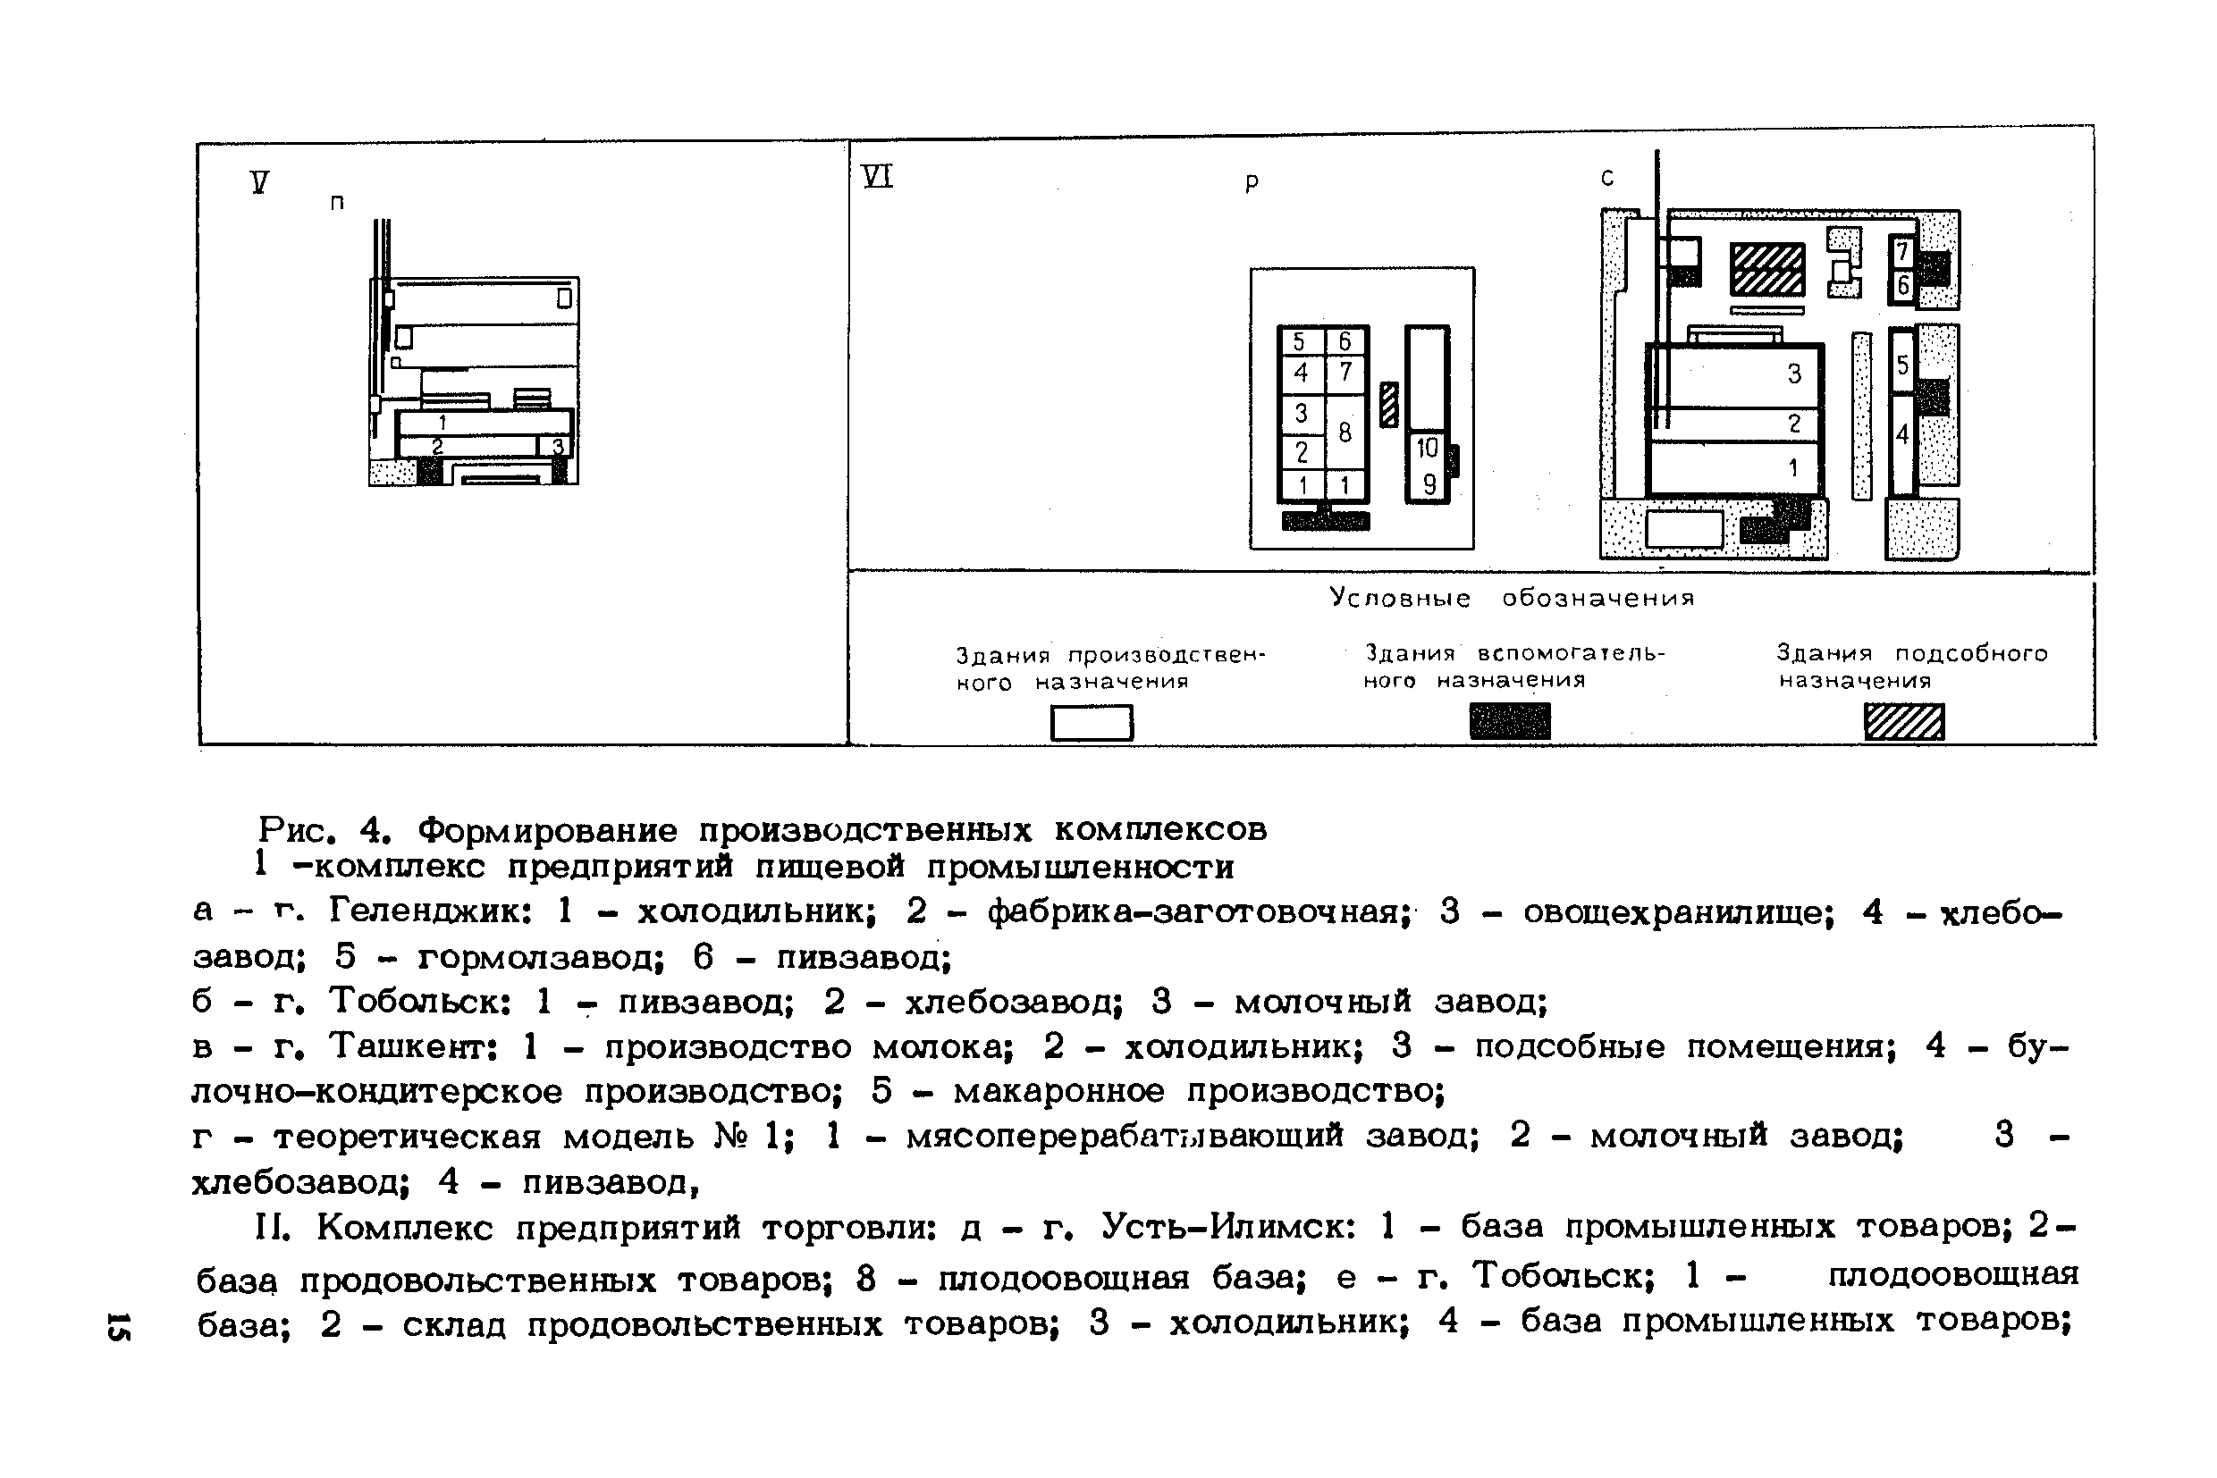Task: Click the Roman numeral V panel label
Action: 260,181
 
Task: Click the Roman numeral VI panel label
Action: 877,176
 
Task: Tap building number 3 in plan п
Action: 556,446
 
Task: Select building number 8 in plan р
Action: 1345,432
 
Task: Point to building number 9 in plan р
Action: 1429,483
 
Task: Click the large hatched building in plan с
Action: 1767,269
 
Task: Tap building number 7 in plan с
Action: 1902,252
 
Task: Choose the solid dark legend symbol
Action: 1509,722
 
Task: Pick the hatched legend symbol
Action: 1904,722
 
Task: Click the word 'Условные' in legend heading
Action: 1400,598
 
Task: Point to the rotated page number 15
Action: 120,1325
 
